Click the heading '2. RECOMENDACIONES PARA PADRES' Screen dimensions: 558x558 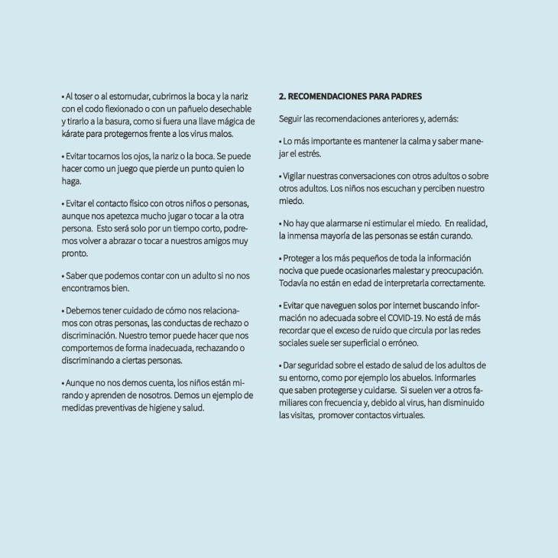pyautogui.click(x=350, y=97)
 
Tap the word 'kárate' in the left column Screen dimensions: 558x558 pyautogui.click(x=73, y=134)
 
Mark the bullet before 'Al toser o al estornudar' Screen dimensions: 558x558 pyautogui.click(x=63, y=98)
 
